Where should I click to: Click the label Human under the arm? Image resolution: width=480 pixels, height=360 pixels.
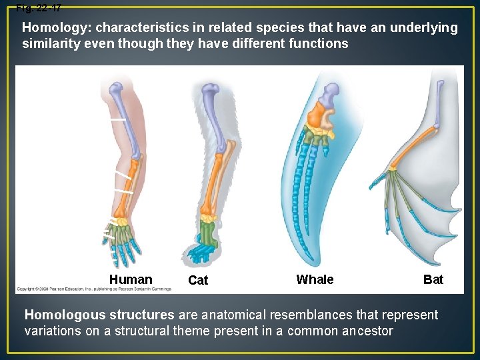131,279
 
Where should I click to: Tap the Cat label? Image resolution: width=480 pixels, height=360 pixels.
198,281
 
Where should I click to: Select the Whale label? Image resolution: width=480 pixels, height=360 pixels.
315,279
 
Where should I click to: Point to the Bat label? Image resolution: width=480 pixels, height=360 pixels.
433,279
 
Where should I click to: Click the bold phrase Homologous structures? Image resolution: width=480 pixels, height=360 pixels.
99,315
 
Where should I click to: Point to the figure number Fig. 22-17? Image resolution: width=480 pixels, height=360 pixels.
39,7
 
